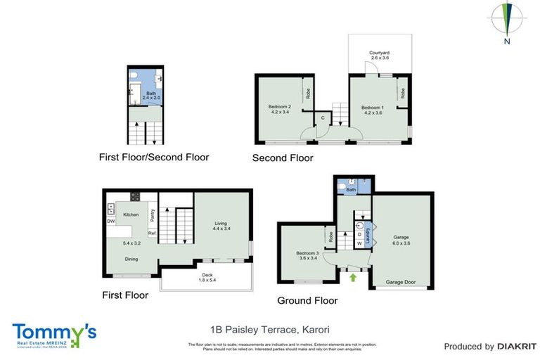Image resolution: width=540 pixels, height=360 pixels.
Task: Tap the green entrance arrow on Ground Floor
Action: [352, 278]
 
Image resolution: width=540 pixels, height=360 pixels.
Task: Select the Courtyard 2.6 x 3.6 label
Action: [380, 55]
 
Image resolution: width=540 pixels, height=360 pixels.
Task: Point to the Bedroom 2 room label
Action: [279, 109]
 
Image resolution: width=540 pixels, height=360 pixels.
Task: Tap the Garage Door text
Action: [401, 283]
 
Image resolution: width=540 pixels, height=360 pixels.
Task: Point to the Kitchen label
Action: [131, 214]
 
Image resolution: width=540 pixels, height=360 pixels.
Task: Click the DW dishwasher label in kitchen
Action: [111, 221]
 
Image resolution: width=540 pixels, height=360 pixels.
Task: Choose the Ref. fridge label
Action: [151, 233]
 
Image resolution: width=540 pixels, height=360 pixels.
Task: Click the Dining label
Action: [131, 259]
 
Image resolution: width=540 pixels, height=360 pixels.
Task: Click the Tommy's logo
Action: [53, 334]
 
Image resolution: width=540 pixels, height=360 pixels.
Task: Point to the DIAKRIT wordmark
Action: [516, 346]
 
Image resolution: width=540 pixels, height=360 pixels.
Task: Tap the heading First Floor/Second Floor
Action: [154, 157]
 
